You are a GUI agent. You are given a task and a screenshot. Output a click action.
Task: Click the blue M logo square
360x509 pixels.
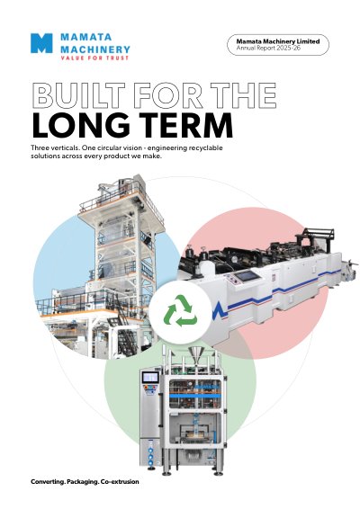point(41,43)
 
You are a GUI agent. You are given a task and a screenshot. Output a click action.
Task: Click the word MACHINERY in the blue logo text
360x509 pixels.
point(95,49)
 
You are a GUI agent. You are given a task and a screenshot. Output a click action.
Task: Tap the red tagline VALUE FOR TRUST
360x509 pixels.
point(94,58)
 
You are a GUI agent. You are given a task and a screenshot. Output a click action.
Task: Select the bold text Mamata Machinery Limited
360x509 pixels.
point(278,41)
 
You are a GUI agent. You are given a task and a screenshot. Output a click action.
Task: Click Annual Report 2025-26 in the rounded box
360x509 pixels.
point(268,48)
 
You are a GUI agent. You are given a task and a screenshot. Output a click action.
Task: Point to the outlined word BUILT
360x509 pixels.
point(79,95)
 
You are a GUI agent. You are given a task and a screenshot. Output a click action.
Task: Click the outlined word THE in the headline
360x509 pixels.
point(243,95)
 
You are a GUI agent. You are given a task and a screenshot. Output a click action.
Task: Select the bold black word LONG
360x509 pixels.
point(81,125)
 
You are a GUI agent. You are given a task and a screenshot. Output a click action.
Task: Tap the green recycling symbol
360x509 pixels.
point(180,310)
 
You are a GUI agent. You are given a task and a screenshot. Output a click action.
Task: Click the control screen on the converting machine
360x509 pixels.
point(247,276)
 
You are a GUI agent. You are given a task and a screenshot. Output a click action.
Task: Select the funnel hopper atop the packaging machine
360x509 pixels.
point(195,355)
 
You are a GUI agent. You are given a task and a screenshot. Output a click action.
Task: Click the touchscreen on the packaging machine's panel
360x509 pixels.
point(150,377)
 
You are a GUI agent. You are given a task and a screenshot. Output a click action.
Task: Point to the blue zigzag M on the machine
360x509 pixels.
point(220,311)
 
